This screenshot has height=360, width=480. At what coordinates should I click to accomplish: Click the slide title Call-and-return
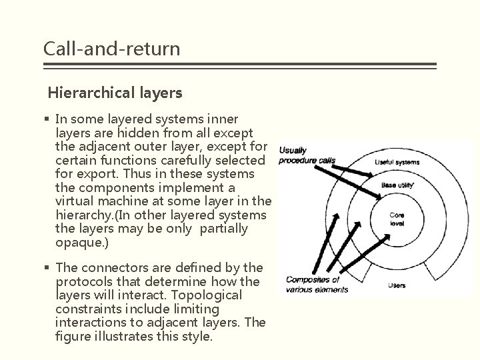click(x=111, y=48)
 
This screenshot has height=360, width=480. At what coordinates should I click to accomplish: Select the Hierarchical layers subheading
click(x=115, y=93)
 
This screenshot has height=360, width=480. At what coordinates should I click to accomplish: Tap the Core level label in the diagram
click(x=397, y=219)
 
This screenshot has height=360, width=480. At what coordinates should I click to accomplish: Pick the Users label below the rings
click(x=396, y=285)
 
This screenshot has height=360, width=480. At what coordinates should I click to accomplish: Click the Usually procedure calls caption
click(x=307, y=155)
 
